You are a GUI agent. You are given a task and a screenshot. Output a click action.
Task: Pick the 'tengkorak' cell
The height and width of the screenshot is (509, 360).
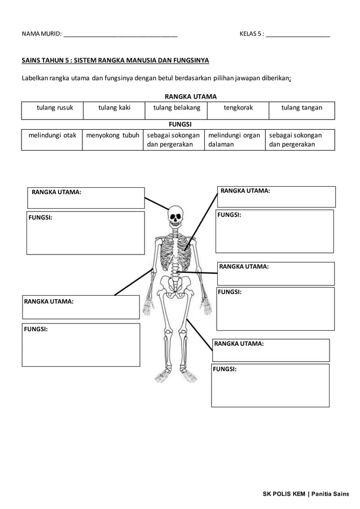[x=238, y=108]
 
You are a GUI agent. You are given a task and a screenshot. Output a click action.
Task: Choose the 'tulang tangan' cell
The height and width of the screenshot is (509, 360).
[x=301, y=108]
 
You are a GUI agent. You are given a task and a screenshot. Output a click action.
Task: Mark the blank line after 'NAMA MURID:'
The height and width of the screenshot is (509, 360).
[x=121, y=36]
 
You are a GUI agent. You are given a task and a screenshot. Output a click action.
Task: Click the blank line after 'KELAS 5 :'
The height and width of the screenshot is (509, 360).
[x=298, y=36]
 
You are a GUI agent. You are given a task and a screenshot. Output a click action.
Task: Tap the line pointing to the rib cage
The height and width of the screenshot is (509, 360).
[x=200, y=220]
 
